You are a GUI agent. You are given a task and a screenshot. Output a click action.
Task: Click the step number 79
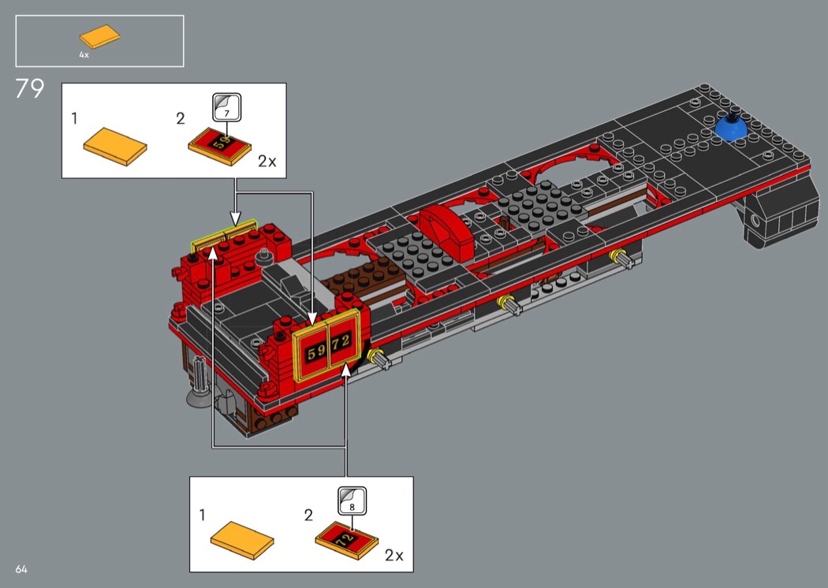point(30,89)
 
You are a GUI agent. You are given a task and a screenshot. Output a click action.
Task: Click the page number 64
point(21,569)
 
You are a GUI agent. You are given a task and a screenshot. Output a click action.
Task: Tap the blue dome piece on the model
point(731,128)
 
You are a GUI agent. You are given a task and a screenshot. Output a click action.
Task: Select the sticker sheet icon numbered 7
point(227,107)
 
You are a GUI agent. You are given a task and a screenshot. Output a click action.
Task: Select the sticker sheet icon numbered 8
point(352,501)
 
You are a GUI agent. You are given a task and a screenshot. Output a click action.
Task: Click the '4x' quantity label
point(84,55)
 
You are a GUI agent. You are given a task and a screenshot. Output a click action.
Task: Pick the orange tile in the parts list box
point(100,36)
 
